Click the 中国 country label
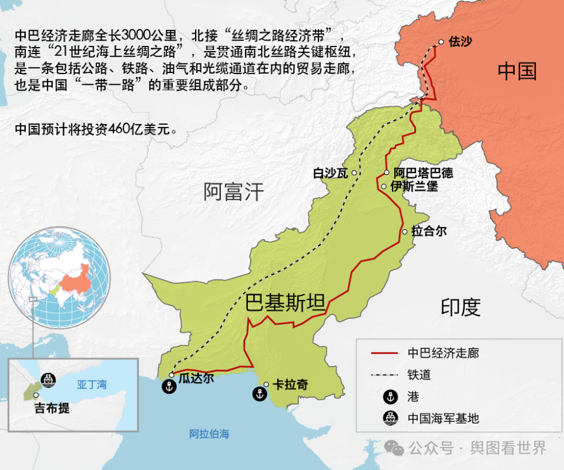pyautogui.click(x=517, y=71)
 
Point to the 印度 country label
pyautogui.click(x=461, y=306)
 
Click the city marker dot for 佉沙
pyautogui.click(x=441, y=42)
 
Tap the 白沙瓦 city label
pyautogui.click(x=330, y=173)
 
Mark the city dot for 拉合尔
pyautogui.click(x=404, y=232)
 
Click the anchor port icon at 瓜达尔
pyautogui.click(x=169, y=387)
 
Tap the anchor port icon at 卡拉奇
pyautogui.click(x=259, y=394)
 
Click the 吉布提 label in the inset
pyautogui.click(x=52, y=408)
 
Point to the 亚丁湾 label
pyautogui.click(x=92, y=385)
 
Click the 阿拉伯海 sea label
pyautogui.click(x=209, y=435)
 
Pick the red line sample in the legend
pyautogui.click(x=385, y=354)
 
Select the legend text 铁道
pyautogui.click(x=419, y=375)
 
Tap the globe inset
pyautogui.click(x=59, y=281)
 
